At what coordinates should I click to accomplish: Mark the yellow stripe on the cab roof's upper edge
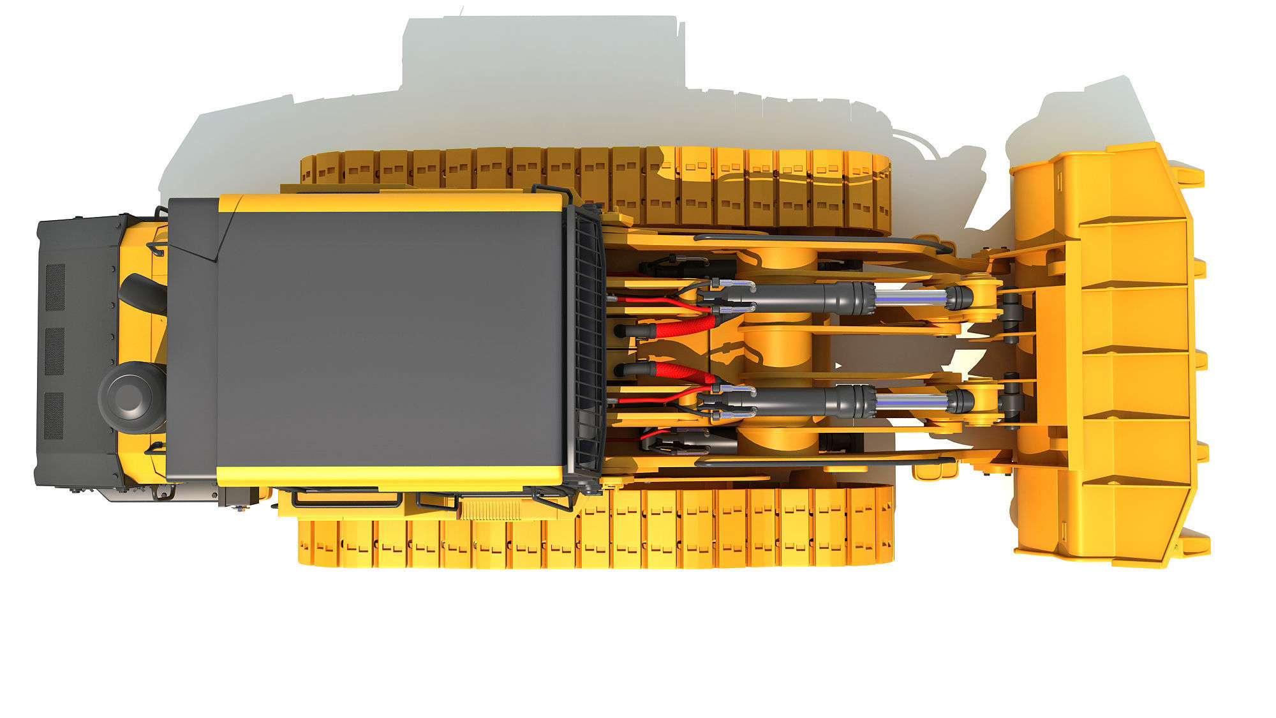[x=389, y=203]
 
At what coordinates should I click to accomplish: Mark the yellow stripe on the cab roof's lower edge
[x=389, y=475]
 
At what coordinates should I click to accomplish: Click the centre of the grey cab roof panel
[x=389, y=338]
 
